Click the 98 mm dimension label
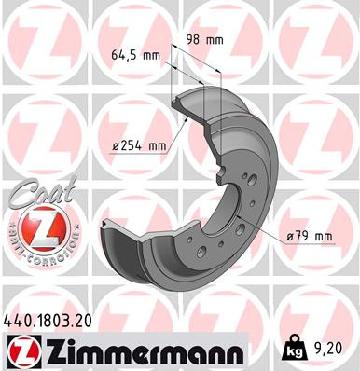pos(205,40)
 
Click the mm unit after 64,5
pos(153,55)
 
